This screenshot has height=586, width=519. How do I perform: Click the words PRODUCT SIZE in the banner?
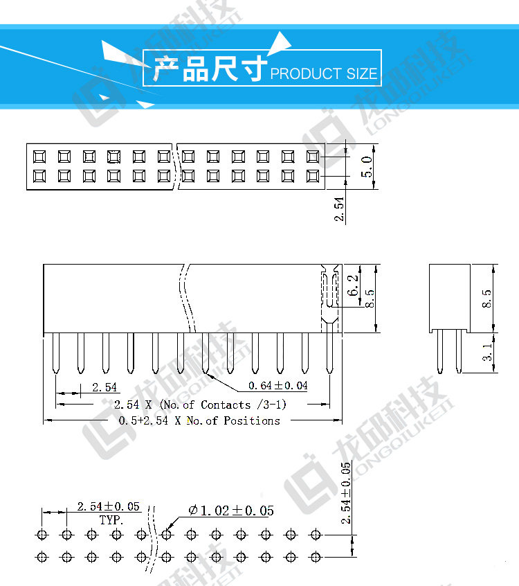324,73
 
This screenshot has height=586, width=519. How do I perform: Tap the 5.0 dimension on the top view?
367,167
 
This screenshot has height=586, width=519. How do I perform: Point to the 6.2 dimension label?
354,285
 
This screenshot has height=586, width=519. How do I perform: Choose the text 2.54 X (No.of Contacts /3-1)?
200,405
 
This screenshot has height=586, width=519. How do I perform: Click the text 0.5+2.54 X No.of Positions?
199,420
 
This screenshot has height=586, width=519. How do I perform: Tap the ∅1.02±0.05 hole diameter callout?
230,510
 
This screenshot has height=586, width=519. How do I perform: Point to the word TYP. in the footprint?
111,519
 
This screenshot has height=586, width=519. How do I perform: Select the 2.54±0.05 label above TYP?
109,507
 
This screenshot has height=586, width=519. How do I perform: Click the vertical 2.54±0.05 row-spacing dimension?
346,492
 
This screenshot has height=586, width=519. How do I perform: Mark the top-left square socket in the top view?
39,157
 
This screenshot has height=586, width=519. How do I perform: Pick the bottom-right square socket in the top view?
312,176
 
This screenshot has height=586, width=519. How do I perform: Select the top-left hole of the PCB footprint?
42,535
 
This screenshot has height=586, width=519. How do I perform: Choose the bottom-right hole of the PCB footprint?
316,556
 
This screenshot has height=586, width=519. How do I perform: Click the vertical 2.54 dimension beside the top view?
339,208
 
